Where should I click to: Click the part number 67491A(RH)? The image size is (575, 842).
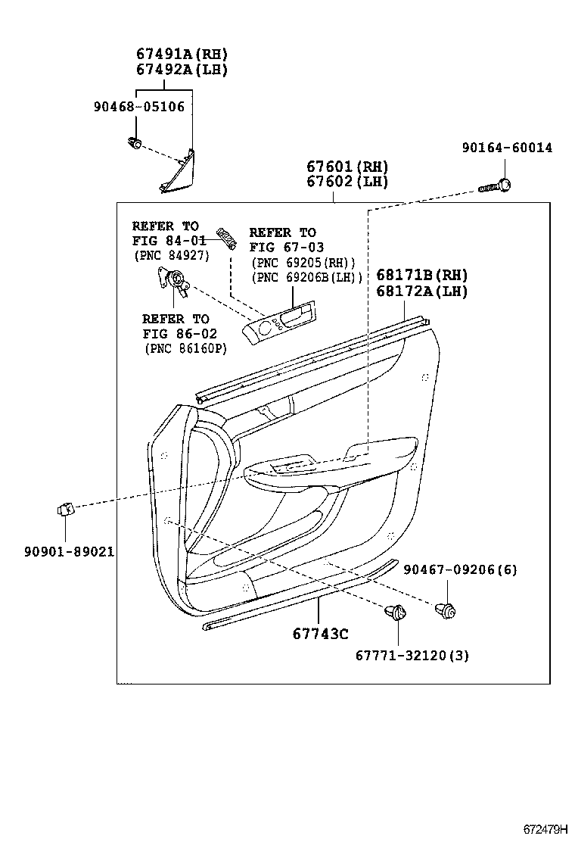(182, 54)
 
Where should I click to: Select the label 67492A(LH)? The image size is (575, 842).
(182, 69)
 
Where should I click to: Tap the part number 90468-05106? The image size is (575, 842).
(139, 107)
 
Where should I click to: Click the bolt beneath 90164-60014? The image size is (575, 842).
(497, 186)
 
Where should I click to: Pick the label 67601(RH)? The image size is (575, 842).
(347, 167)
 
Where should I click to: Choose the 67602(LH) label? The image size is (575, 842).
(347, 182)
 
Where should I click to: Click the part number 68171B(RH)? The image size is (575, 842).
(421, 275)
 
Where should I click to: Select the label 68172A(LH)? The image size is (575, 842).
(421, 291)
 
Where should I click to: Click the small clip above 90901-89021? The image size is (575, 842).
(65, 511)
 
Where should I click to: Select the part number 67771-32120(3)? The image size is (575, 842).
(412, 656)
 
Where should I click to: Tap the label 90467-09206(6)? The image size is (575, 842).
(460, 569)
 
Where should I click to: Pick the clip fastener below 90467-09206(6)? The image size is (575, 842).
(445, 609)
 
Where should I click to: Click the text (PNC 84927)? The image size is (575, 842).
(171, 255)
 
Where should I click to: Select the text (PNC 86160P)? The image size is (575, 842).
(185, 348)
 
